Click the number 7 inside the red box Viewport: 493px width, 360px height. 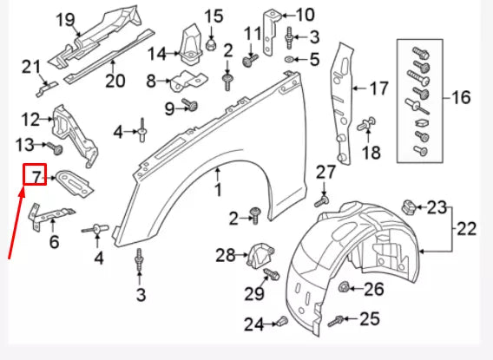click(35, 178)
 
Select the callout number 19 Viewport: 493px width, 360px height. click(66, 19)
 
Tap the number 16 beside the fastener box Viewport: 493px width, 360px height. click(460, 96)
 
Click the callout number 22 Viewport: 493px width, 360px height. click(466, 228)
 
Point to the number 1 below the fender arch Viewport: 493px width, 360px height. click(218, 188)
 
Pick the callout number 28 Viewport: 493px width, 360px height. click(225, 254)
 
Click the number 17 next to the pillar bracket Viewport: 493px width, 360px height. click(378, 88)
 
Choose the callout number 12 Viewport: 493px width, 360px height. click(30, 119)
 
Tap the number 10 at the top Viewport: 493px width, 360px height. click(305, 14)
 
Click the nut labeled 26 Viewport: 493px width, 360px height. click(345, 287)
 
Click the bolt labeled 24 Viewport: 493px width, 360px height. click(279, 324)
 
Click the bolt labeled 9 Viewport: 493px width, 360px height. click(193, 106)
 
